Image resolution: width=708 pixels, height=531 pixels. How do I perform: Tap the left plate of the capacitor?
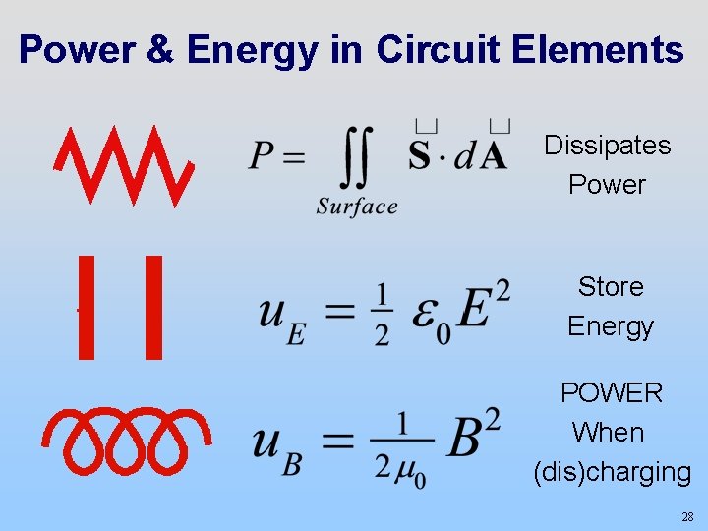click(x=87, y=307)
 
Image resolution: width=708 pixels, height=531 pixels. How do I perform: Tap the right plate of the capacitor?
click(x=153, y=307)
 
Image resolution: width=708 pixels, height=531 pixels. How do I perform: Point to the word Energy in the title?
click(x=254, y=49)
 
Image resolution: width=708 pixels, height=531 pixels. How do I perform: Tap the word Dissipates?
click(x=608, y=146)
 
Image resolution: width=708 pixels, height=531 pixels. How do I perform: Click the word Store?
click(x=611, y=286)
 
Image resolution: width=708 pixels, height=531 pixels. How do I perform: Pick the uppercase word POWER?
click(x=612, y=393)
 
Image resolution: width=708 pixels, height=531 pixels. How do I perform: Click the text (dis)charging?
click(x=612, y=472)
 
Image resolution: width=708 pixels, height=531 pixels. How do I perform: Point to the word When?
click(x=608, y=433)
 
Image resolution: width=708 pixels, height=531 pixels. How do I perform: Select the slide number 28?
click(x=687, y=516)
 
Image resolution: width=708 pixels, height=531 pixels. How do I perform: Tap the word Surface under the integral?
click(x=357, y=206)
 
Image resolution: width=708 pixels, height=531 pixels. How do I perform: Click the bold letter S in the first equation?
click(x=420, y=154)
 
